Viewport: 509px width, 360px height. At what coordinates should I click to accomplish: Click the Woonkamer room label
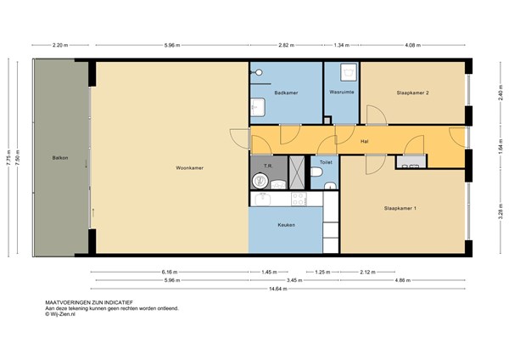189,168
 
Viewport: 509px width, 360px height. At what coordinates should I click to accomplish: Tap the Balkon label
59,157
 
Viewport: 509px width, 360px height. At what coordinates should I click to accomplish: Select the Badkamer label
285,93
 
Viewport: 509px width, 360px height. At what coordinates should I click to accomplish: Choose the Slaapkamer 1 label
400,208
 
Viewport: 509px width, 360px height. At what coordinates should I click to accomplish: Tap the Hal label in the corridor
364,141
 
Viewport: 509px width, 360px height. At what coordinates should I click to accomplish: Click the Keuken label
286,225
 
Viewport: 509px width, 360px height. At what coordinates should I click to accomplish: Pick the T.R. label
267,166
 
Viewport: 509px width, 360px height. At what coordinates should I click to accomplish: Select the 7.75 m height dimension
8,157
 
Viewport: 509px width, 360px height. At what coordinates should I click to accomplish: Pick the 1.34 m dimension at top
341,46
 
